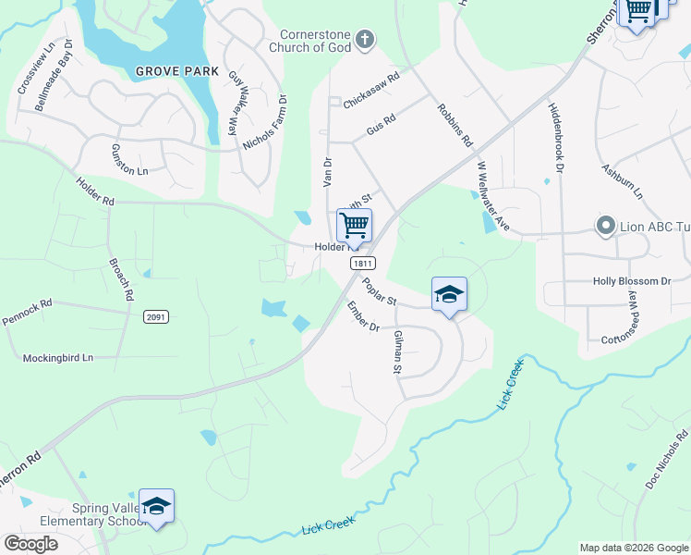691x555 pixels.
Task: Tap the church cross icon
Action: point(366,39)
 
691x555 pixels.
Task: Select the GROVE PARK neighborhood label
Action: point(176,71)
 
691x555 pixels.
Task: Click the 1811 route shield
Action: point(362,264)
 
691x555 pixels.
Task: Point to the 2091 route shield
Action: point(156,316)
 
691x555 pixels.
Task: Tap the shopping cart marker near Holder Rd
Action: point(354,224)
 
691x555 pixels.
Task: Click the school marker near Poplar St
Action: point(449,295)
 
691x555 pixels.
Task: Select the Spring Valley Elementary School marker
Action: point(157,506)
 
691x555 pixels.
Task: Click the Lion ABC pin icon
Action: point(606,226)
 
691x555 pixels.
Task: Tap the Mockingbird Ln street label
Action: point(58,357)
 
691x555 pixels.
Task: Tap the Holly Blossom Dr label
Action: point(632,280)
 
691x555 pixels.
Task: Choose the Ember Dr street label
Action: point(363,315)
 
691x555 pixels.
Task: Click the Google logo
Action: point(30,544)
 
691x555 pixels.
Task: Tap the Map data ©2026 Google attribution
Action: point(634,548)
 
